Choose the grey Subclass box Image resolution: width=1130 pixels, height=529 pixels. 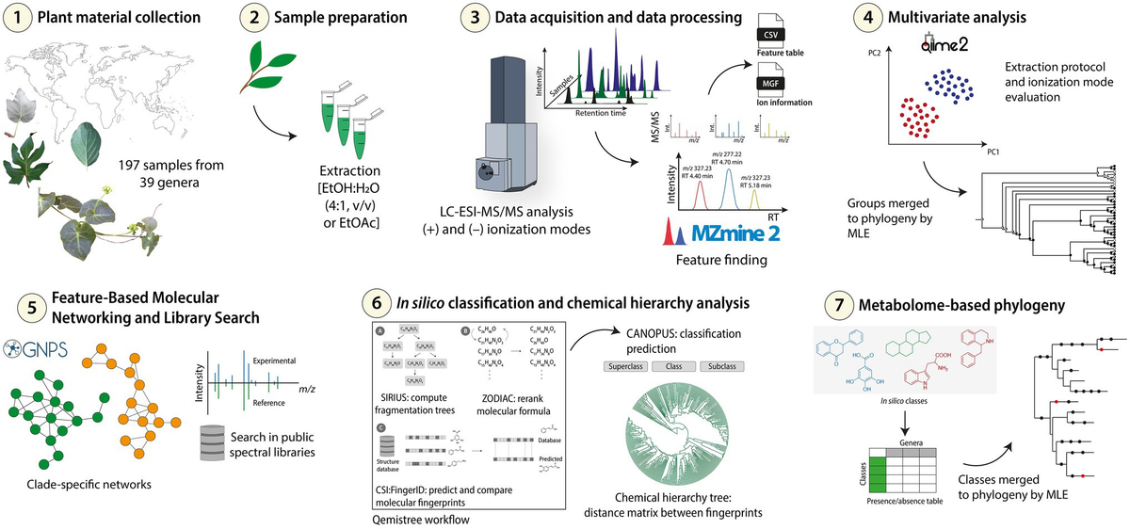click(x=727, y=364)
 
